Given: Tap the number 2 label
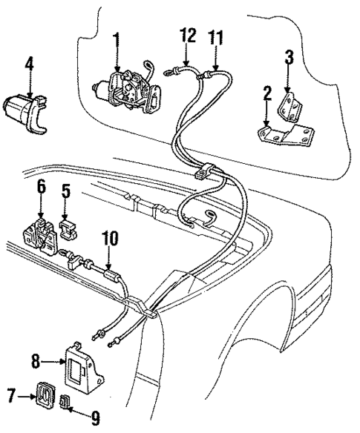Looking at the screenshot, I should click(265, 96).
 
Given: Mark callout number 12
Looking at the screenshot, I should click(187, 35).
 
